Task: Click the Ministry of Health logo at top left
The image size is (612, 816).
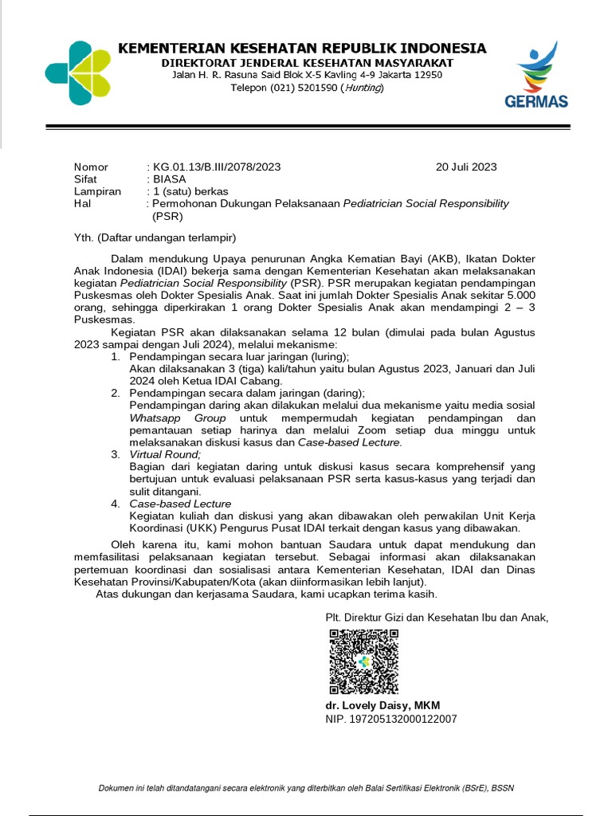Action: point(78,73)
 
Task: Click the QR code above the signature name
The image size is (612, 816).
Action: point(363,661)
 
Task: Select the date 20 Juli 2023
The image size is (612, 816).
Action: point(466,167)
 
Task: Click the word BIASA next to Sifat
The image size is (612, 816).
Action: point(170,179)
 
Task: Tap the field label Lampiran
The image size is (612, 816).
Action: point(97,191)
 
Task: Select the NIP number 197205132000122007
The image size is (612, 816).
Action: point(390,719)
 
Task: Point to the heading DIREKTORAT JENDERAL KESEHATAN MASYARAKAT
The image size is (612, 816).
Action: point(307,62)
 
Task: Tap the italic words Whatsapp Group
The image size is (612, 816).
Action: point(178,418)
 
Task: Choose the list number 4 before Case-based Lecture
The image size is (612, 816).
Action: point(115,504)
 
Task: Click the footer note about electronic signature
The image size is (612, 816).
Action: point(306,788)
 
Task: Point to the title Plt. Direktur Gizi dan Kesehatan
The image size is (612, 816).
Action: point(437,617)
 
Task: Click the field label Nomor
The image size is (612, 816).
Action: point(90,167)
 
